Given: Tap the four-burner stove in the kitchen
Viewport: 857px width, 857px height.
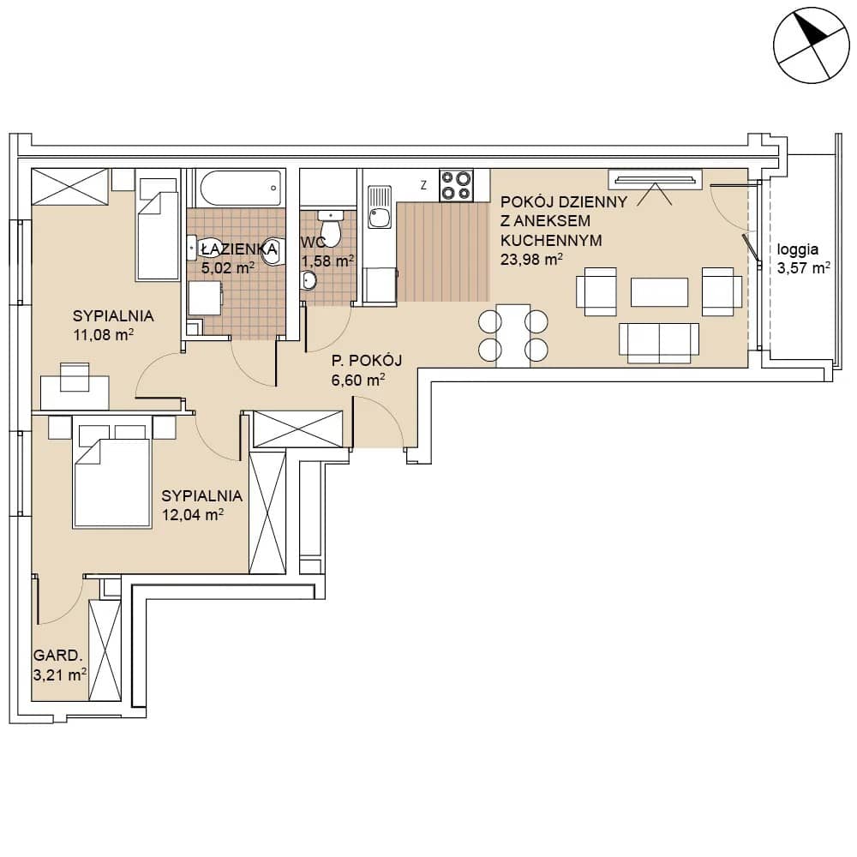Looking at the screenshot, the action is coord(457,185).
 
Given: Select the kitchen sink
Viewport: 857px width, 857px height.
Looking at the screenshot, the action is coord(380,207).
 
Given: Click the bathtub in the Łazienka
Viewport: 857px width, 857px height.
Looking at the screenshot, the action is coord(241,188).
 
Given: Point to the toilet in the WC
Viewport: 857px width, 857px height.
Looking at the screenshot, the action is coord(330,228).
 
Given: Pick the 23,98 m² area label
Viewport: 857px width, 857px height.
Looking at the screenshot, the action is coord(531,259).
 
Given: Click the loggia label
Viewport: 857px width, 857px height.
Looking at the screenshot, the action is coord(797,249).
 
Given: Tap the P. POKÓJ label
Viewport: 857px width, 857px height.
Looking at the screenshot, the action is coord(367,361).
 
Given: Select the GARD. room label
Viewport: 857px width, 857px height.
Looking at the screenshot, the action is coord(58,656).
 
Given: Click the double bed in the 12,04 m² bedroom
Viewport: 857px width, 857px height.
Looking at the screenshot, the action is coord(112,476).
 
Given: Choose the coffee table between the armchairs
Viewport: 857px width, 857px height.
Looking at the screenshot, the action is coord(659,292).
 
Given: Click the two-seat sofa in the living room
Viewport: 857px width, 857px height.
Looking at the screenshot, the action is coord(659,344).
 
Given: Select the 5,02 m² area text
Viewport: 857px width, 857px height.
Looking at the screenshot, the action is coord(228,267).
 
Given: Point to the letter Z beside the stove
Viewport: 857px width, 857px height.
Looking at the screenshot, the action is coord(423,185).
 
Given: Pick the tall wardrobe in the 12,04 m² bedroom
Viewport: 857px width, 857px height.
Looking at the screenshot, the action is coord(267,512).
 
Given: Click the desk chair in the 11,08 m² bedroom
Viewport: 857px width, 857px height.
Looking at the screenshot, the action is coord(75,377).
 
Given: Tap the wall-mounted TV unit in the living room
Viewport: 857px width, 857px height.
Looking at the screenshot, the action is coord(656,180).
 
